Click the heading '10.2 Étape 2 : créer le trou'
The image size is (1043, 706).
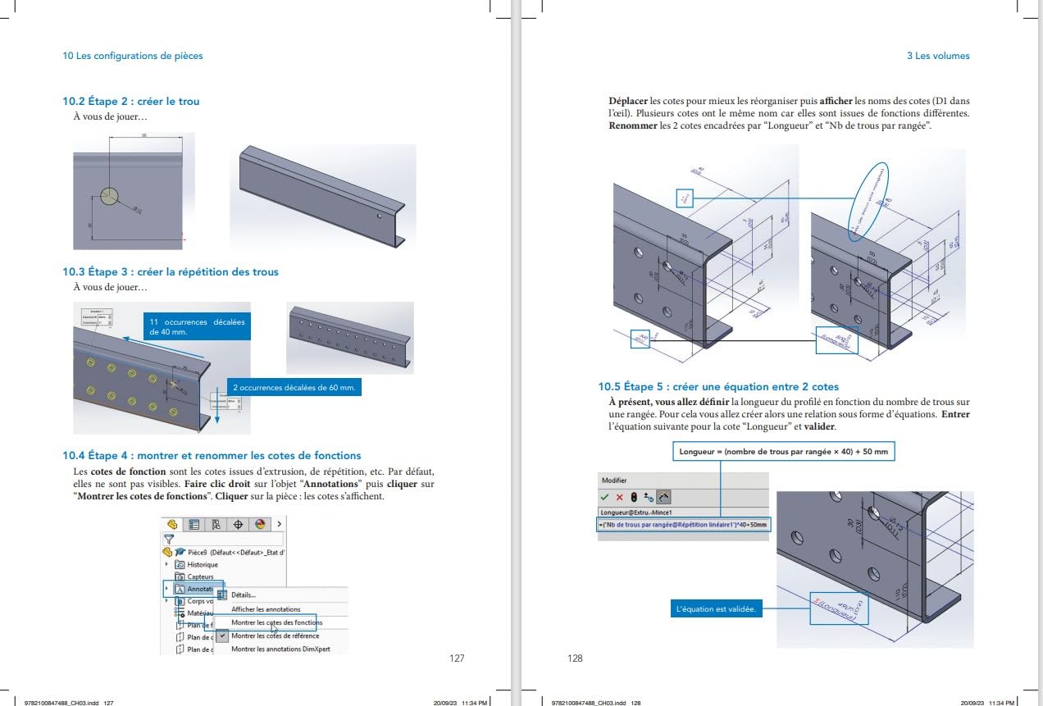131,102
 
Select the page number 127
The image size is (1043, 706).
458,658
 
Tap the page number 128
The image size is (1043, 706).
575,658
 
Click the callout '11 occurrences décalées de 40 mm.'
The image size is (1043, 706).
197,327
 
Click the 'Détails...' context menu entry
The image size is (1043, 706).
243,595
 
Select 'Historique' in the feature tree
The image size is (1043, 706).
203,565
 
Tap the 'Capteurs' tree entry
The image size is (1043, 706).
200,577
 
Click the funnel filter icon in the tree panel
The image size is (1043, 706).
170,540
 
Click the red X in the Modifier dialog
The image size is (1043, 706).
620,498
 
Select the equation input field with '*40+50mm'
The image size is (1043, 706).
685,525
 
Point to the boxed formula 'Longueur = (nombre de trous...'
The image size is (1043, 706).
783,452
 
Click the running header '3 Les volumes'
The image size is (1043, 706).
938,57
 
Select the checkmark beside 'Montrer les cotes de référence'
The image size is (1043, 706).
222,635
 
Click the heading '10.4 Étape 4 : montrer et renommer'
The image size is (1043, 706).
212,455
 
